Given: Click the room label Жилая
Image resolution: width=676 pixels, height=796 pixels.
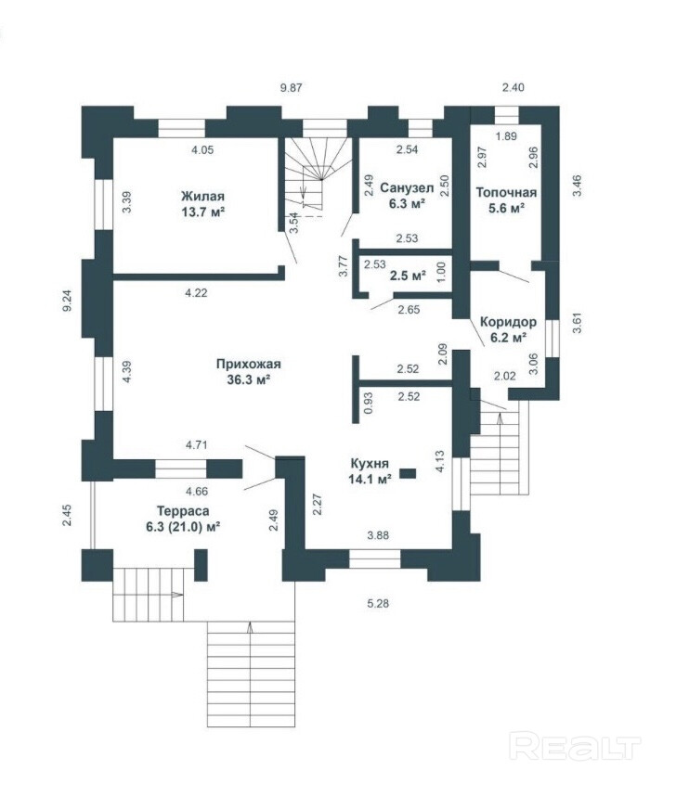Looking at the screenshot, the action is (202, 196).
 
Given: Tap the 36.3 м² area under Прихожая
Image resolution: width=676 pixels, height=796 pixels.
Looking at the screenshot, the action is (249, 379).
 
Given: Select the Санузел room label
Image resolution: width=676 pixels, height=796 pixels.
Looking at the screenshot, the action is (407, 188).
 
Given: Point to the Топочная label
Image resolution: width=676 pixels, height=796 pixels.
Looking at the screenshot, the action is (506, 192).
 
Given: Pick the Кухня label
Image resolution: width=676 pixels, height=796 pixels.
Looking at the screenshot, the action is (370, 463).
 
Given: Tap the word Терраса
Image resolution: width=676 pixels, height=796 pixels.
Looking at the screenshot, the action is (183, 510).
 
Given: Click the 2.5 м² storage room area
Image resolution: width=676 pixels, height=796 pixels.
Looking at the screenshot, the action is (408, 276).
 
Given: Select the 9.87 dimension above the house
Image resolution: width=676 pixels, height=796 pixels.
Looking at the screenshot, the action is (292, 87).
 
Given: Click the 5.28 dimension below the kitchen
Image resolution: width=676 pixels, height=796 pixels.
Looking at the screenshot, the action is (378, 604).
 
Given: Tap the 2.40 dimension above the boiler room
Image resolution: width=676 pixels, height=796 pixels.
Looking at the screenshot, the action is (513, 87).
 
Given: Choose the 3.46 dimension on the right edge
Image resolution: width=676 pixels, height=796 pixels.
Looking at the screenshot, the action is (577, 186).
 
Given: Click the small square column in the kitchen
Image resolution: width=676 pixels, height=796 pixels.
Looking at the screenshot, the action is (408, 473).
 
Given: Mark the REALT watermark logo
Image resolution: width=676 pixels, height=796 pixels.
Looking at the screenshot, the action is (575, 745).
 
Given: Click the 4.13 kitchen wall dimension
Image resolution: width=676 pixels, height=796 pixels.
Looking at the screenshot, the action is (440, 462).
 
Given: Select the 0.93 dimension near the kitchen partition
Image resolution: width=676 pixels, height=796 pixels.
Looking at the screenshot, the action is (369, 403).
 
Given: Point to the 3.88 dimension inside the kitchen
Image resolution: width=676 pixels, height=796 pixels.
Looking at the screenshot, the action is (378, 535).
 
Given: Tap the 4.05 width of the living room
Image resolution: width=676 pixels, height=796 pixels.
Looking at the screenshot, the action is (202, 149).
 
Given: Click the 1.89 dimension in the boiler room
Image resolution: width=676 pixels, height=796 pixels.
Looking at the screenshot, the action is (506, 136).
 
